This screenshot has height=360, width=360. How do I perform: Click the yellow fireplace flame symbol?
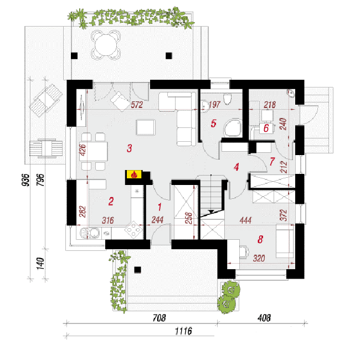coord(134,174)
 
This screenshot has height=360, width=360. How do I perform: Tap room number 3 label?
coord(130,148)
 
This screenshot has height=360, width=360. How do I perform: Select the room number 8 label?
coord(260,239)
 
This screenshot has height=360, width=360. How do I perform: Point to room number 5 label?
coord(214,124)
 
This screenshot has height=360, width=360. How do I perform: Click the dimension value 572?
coord(137,105)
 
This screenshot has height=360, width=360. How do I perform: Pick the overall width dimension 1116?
coord(183,331)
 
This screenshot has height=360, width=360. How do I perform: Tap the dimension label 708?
coord(159,318)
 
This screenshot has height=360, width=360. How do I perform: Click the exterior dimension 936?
coord(26,180)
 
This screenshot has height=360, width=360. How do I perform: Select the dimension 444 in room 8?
coord(245,220)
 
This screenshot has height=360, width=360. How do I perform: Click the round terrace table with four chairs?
coord(106,44)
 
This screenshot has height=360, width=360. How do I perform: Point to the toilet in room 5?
coord(227,99)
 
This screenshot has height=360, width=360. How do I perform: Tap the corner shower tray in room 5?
coord(233,127)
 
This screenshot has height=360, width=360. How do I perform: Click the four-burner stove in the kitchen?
coord(133,230)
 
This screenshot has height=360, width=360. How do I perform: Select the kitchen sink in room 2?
coord(90,233)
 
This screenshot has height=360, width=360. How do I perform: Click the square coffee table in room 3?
coord(146,127)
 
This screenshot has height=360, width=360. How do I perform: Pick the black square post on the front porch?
coord(137,270)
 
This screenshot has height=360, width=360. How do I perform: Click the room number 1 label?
coord(160,207)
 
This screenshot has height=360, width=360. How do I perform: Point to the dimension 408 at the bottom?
coord(264,318)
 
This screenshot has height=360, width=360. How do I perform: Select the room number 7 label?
coord(272,161)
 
